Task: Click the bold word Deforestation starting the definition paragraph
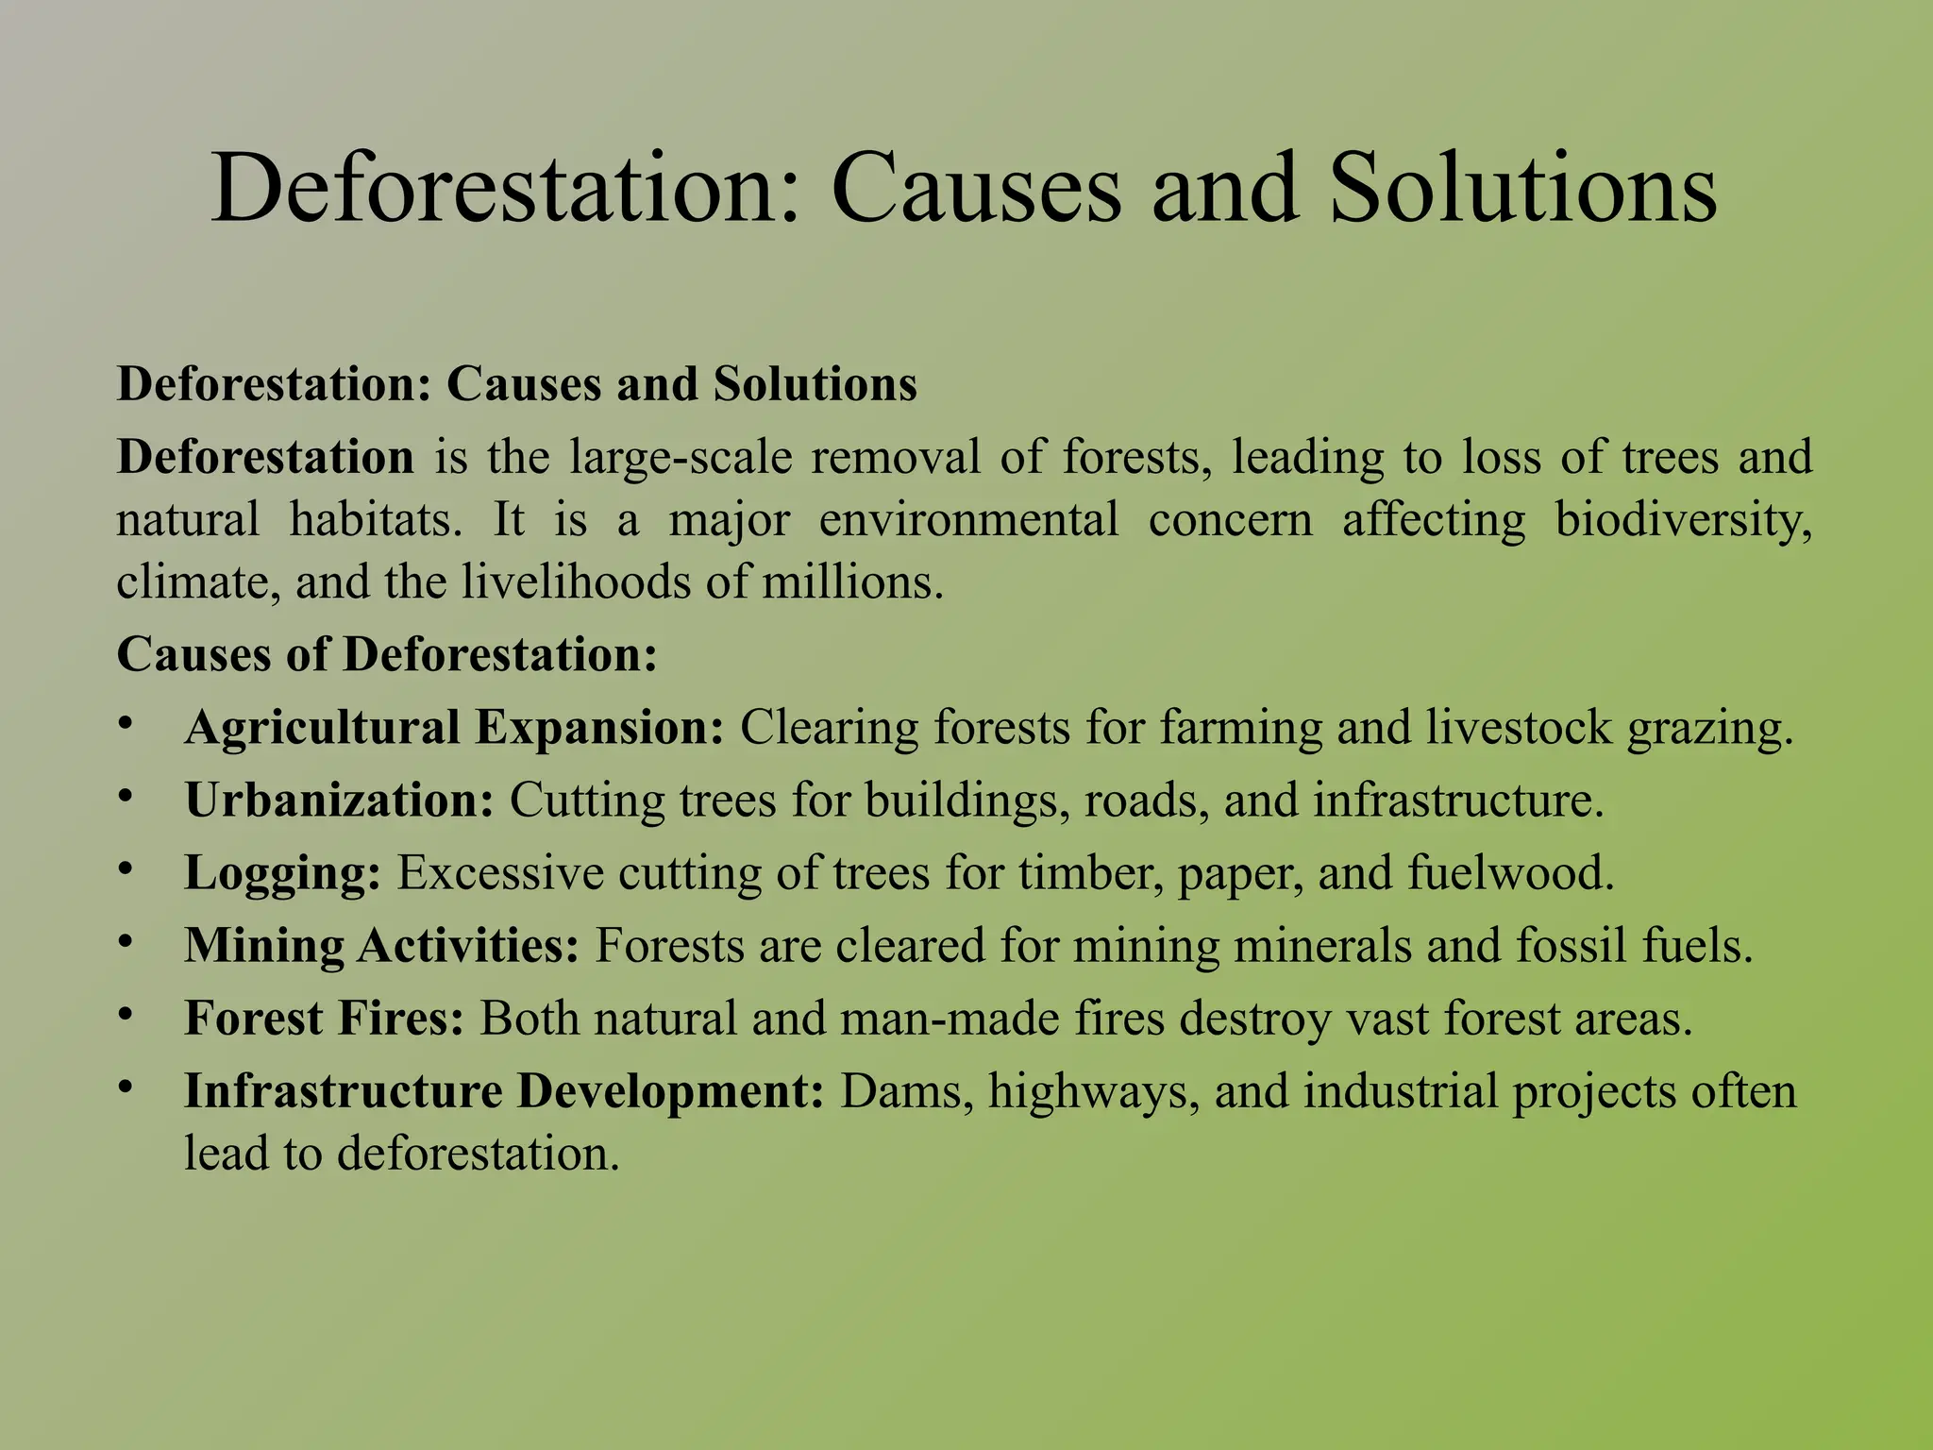click(x=265, y=458)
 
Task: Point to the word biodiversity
click(x=1683, y=520)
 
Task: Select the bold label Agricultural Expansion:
click(x=455, y=728)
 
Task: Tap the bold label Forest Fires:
click(x=325, y=1019)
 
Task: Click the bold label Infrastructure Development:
click(x=505, y=1091)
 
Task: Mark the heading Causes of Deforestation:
click(x=387, y=654)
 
